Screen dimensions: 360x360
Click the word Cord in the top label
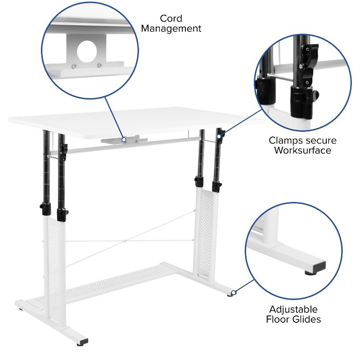pos(171,18)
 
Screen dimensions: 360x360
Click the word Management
pos(171,29)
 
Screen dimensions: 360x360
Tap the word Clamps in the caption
pos(285,140)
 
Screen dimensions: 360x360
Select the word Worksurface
pos(302,150)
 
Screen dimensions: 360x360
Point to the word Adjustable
pos(293,310)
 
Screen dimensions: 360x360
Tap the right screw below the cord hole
pos(99,66)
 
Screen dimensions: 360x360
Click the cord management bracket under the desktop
pos(123,140)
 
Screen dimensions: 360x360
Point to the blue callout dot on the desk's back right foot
pos(233,293)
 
